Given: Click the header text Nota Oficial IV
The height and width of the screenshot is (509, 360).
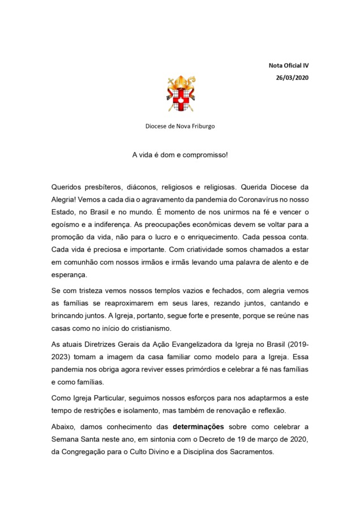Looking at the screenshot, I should pos(288,65).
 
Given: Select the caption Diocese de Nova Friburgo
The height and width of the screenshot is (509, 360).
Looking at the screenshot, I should pos(180,126).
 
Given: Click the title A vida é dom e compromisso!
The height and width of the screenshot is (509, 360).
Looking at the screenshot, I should pos(180,154).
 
